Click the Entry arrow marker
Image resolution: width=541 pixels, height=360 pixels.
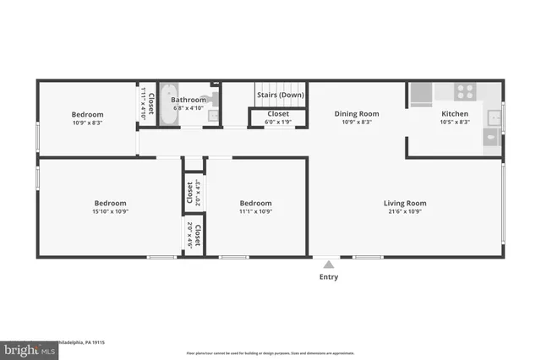point(329,265)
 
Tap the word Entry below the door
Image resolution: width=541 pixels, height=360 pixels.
point(329,277)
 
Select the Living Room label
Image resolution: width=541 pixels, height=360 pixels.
point(405,203)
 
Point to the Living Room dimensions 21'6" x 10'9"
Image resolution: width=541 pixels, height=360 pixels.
point(405,212)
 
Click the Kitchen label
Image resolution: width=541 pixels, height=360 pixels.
point(455,113)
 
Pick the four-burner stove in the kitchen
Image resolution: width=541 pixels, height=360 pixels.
point(465,91)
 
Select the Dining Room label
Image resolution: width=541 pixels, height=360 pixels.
point(357,113)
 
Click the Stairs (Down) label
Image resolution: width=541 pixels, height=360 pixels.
point(280,95)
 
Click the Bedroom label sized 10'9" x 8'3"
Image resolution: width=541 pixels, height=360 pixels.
point(87,115)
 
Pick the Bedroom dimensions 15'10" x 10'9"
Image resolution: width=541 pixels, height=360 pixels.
point(110,212)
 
